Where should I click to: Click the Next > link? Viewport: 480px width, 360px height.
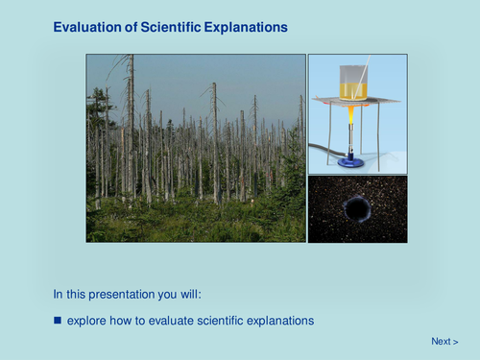point(444,341)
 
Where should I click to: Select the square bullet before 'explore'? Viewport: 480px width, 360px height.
point(58,320)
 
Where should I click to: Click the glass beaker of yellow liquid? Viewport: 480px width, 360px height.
point(352,84)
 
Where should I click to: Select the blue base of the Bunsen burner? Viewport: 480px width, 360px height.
point(352,161)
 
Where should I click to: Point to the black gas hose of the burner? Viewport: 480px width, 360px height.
point(322,150)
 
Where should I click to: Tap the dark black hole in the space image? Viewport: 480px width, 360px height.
point(357,207)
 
